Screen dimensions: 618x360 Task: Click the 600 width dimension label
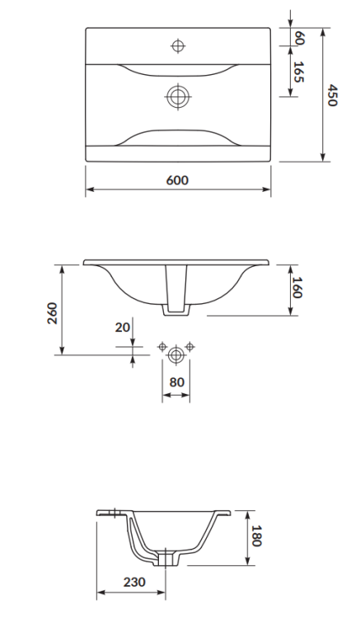click(178, 180)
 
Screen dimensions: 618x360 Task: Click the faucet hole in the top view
click(177, 44)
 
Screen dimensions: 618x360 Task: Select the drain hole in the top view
click(177, 96)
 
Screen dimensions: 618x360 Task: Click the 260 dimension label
click(51, 314)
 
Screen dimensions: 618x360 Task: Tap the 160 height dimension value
click(298, 288)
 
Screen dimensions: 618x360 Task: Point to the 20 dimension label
click(123, 327)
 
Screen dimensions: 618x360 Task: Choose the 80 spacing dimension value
click(176, 382)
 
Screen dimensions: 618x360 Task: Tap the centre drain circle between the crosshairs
click(176, 355)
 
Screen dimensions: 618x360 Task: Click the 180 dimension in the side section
click(256, 536)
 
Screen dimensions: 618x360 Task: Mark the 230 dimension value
click(133, 582)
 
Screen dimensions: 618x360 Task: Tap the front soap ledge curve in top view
click(177, 133)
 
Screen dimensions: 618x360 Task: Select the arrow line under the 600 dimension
click(178, 190)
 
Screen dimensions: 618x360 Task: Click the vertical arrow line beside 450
click(322, 95)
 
